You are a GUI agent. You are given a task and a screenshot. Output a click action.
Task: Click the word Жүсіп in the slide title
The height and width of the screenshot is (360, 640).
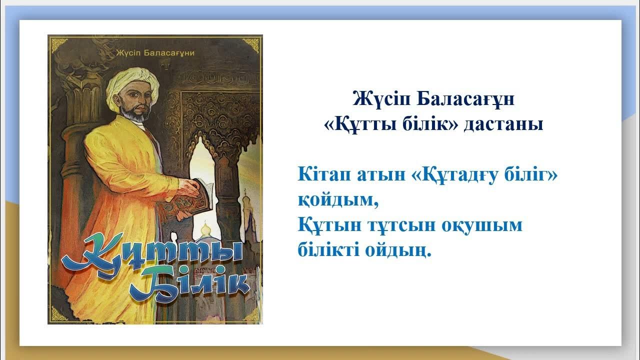(381, 98)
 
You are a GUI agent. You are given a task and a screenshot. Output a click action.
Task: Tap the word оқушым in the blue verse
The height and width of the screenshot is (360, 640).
(481, 225)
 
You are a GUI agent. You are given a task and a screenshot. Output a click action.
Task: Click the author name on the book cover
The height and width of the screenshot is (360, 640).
(154, 52)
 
